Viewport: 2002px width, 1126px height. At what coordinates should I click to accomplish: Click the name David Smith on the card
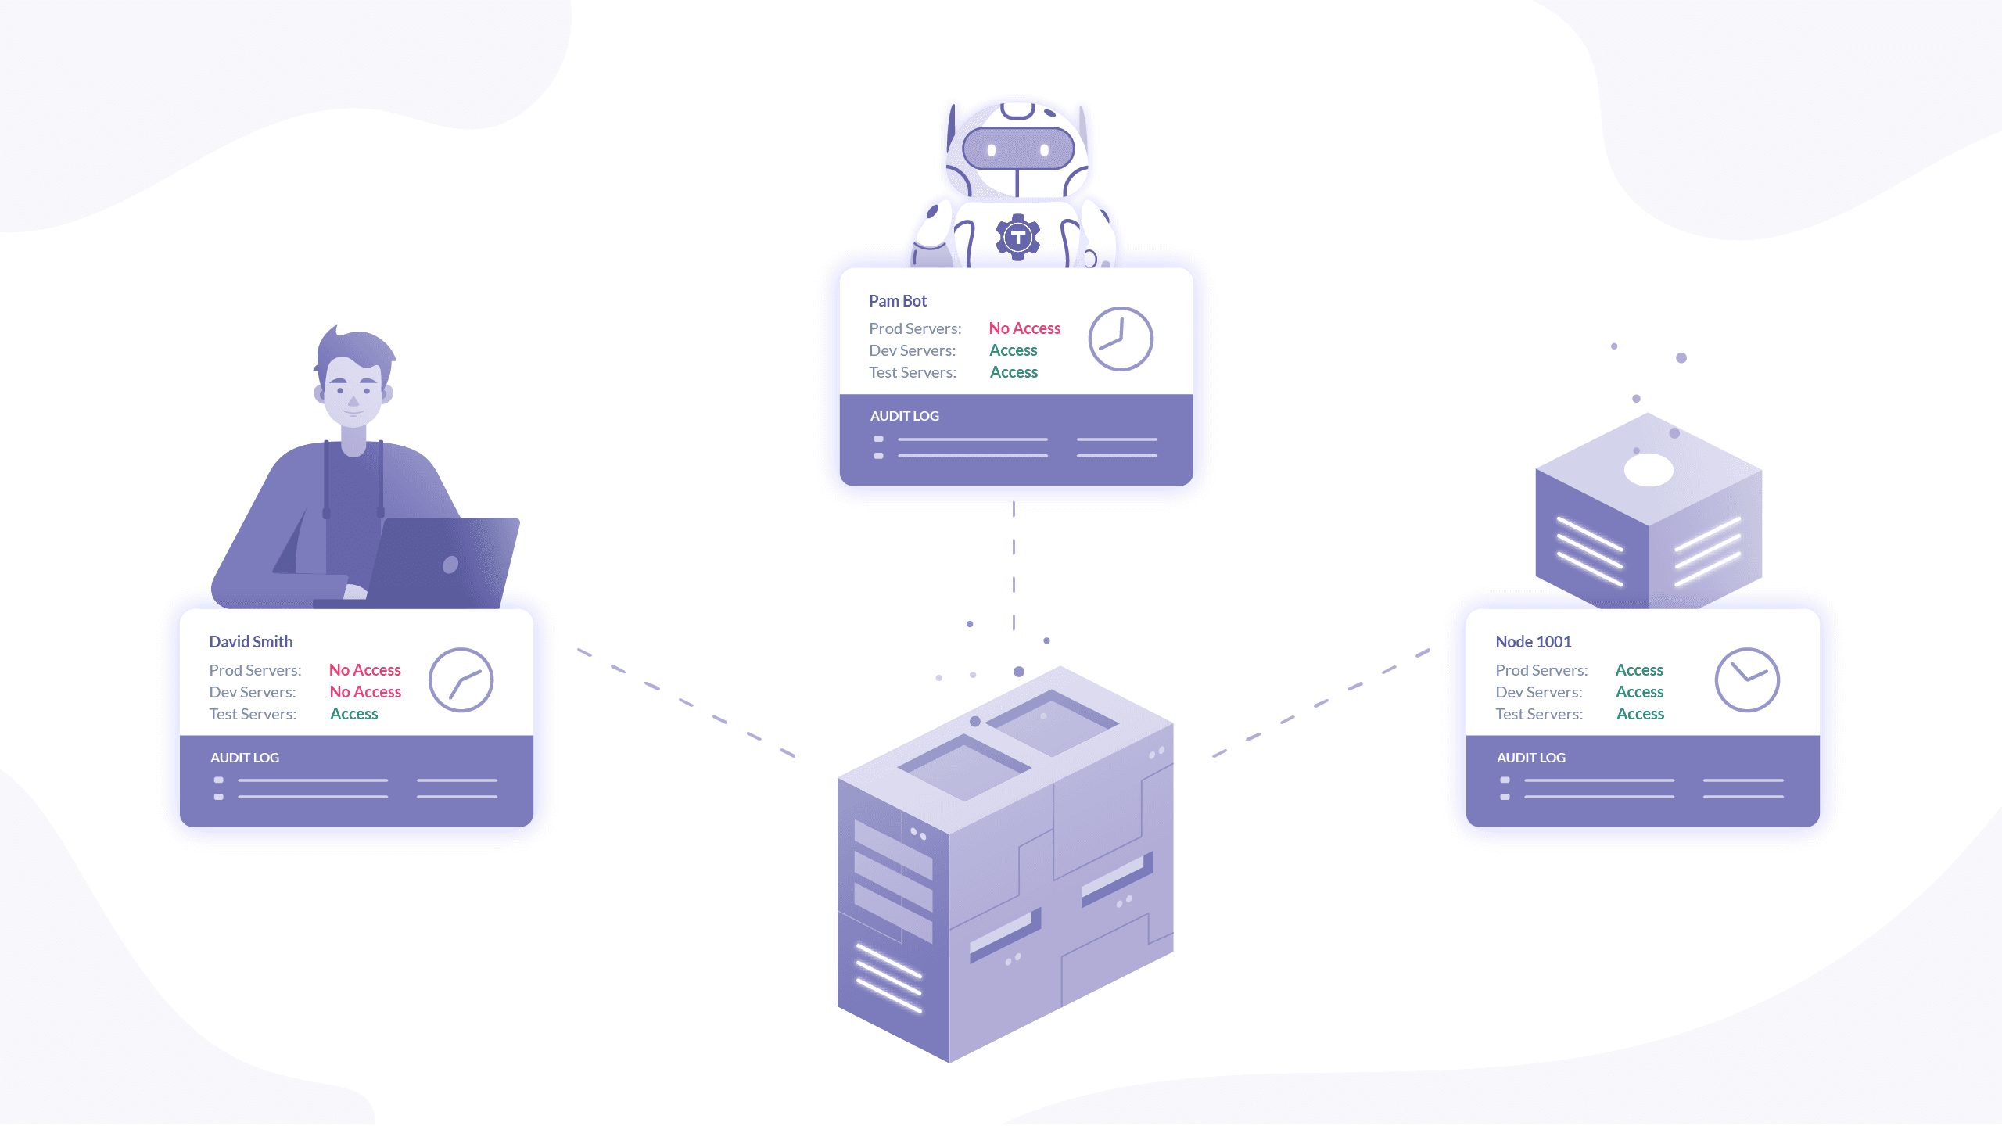tap(250, 642)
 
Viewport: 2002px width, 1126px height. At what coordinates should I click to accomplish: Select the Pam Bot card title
tap(897, 301)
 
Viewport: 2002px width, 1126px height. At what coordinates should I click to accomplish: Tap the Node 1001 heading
tap(1533, 642)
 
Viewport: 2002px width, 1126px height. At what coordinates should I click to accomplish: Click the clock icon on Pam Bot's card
tap(1120, 339)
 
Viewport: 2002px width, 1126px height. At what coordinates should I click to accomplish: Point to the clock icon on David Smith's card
tap(461, 680)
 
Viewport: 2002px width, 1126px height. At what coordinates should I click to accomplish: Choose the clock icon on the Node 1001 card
tap(1746, 680)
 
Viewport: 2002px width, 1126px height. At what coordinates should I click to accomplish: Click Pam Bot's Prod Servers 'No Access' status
tap(1024, 328)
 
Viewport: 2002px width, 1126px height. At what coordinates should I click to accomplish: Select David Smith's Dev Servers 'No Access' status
tap(365, 692)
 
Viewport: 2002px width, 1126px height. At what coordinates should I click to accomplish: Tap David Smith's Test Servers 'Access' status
tap(353, 714)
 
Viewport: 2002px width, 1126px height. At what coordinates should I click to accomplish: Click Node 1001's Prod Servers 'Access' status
tap(1639, 670)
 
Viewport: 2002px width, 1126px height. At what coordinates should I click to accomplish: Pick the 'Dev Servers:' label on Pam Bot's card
tap(912, 350)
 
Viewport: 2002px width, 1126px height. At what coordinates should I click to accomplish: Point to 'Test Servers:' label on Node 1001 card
tap(1538, 714)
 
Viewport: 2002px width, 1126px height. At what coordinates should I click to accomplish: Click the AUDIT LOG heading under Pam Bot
tap(904, 416)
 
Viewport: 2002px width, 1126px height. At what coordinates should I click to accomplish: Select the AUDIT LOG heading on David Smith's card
tap(244, 758)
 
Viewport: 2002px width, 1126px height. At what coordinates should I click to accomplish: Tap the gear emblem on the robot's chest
tap(1017, 236)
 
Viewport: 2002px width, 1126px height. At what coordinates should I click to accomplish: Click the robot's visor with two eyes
tap(1017, 149)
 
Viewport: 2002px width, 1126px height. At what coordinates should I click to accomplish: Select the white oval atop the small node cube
tap(1649, 470)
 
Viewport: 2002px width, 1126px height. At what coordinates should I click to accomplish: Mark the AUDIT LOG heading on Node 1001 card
tap(1530, 758)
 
